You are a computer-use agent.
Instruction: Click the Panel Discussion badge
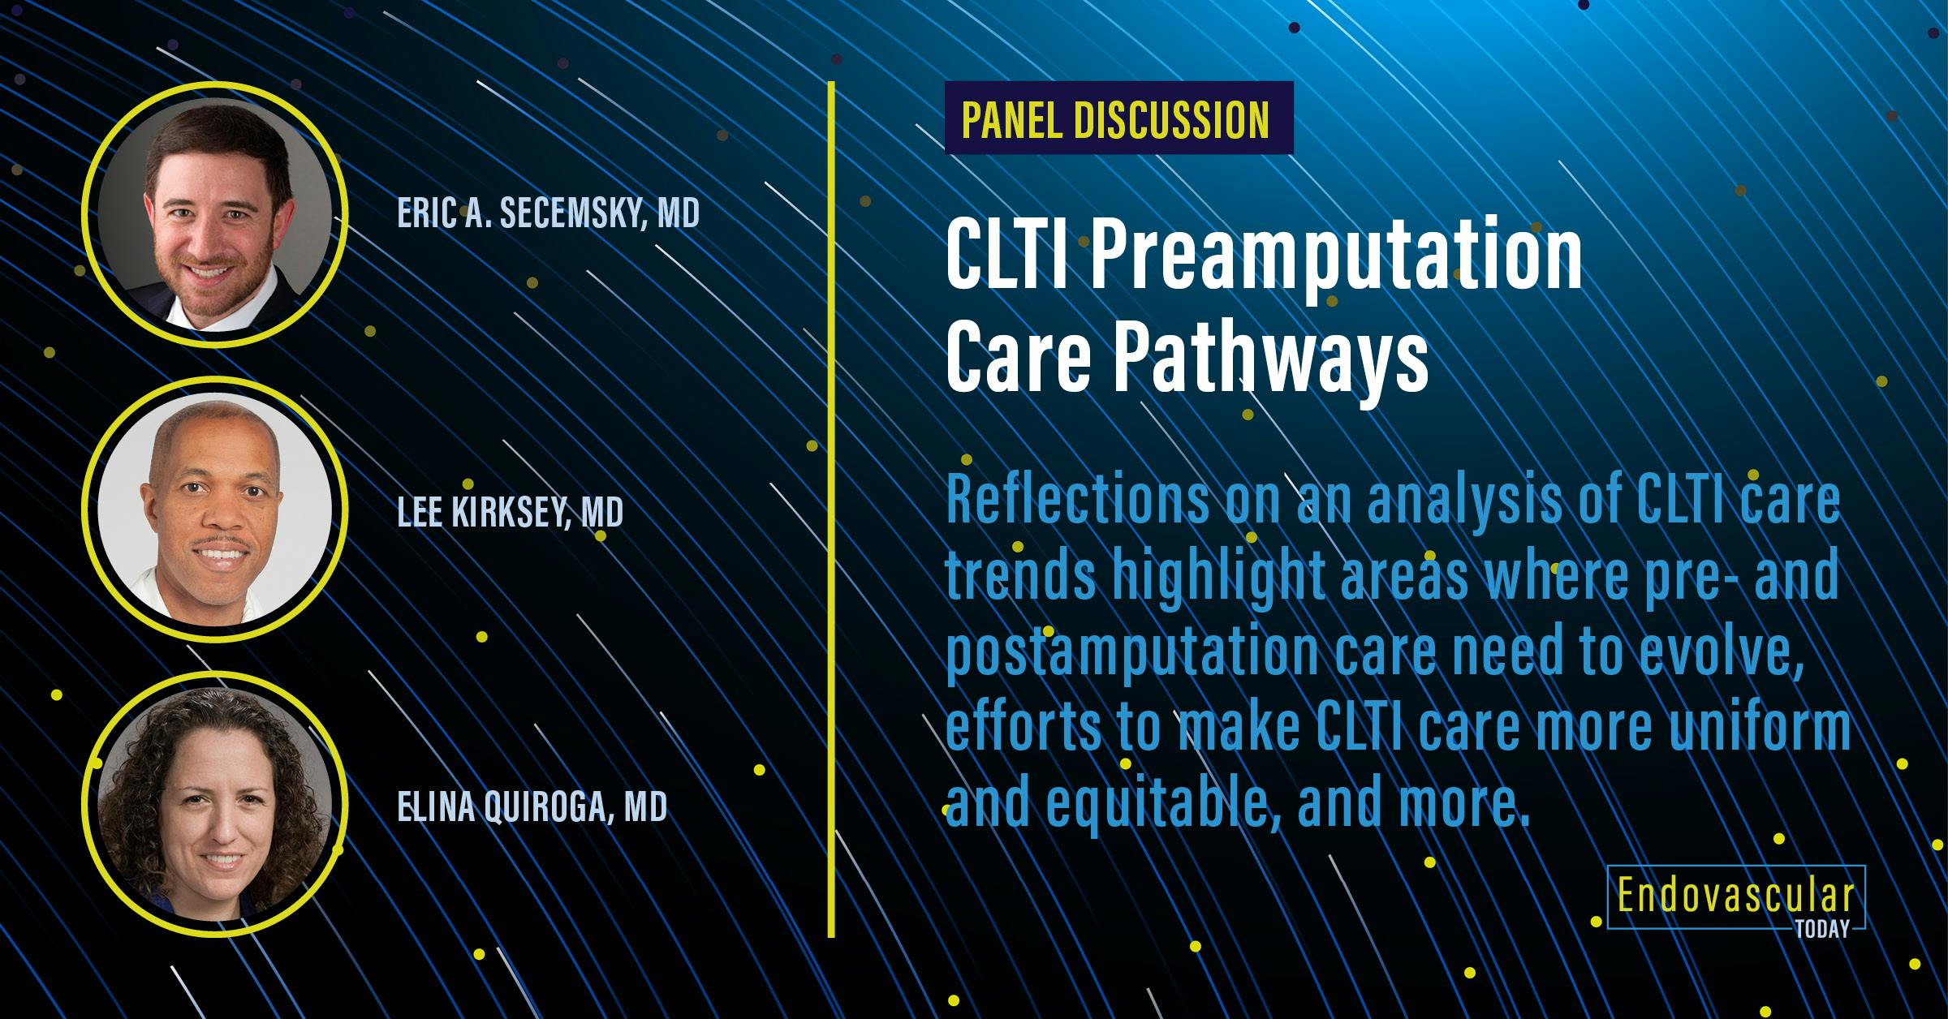1118,118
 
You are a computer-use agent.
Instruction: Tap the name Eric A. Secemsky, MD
548,213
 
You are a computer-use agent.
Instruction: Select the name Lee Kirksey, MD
510,512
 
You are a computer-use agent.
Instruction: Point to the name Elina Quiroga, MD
532,807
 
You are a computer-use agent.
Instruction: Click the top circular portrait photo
214,215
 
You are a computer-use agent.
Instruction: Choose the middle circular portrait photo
214,512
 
